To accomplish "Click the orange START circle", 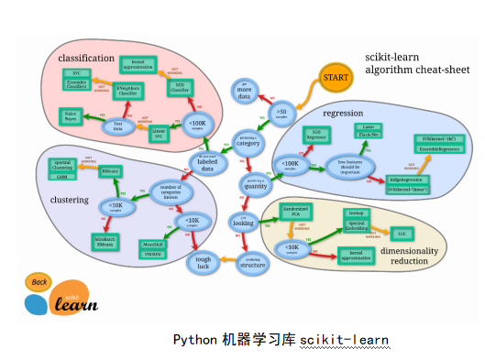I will [x=335, y=79].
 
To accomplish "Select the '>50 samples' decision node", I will [x=281, y=113].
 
